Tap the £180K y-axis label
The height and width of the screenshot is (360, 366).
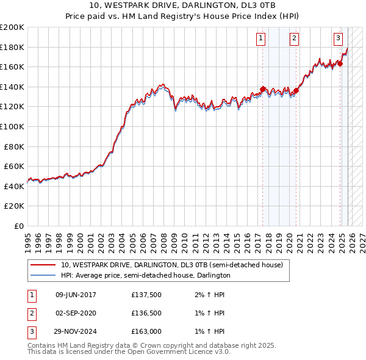click(12, 47)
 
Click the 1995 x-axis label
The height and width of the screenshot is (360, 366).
click(27, 238)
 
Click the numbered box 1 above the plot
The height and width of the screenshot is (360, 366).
click(260, 38)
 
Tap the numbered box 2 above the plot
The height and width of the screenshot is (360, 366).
click(294, 38)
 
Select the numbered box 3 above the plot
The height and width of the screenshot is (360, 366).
click(338, 38)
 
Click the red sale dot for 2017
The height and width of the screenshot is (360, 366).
click(263, 89)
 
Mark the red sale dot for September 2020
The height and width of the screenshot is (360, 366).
click(296, 90)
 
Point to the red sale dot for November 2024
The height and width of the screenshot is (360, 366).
click(340, 63)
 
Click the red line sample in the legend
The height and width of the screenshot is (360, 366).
click(43, 265)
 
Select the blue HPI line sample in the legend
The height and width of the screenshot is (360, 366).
click(43, 275)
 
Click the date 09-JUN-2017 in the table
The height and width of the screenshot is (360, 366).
click(76, 295)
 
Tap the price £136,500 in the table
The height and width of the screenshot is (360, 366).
click(146, 313)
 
